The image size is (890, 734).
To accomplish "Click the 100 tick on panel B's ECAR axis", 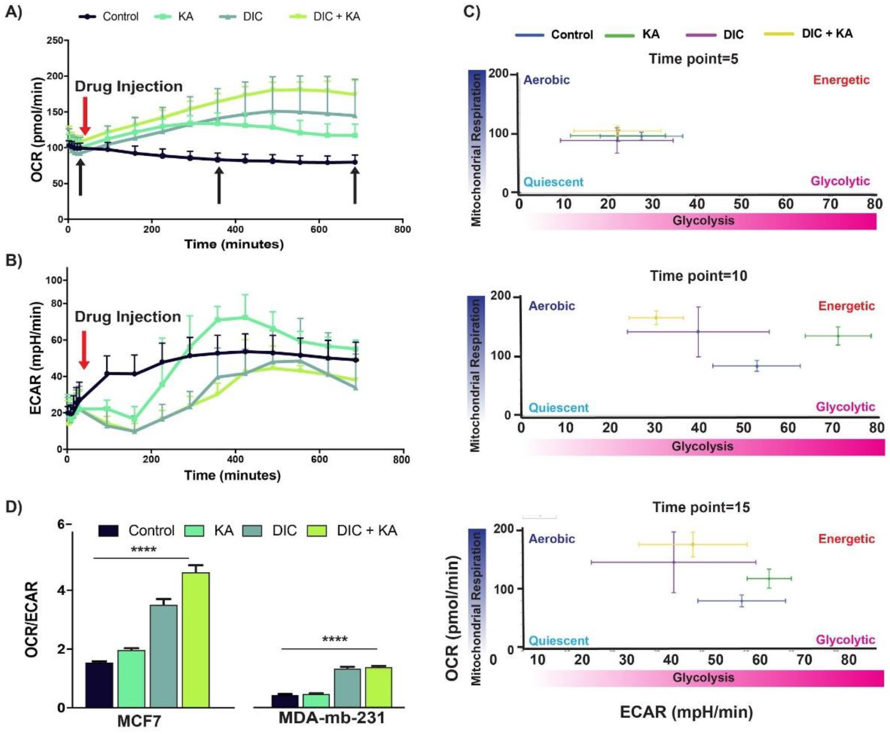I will pos(55,280).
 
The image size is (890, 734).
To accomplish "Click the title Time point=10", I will pos(698,276).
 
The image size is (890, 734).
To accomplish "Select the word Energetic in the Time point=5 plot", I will pos(841,80).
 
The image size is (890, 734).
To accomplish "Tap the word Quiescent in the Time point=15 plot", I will pos(559,641).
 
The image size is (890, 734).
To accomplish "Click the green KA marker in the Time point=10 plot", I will pos(837,336).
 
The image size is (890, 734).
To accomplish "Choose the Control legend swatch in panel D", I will pos(108,531).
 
